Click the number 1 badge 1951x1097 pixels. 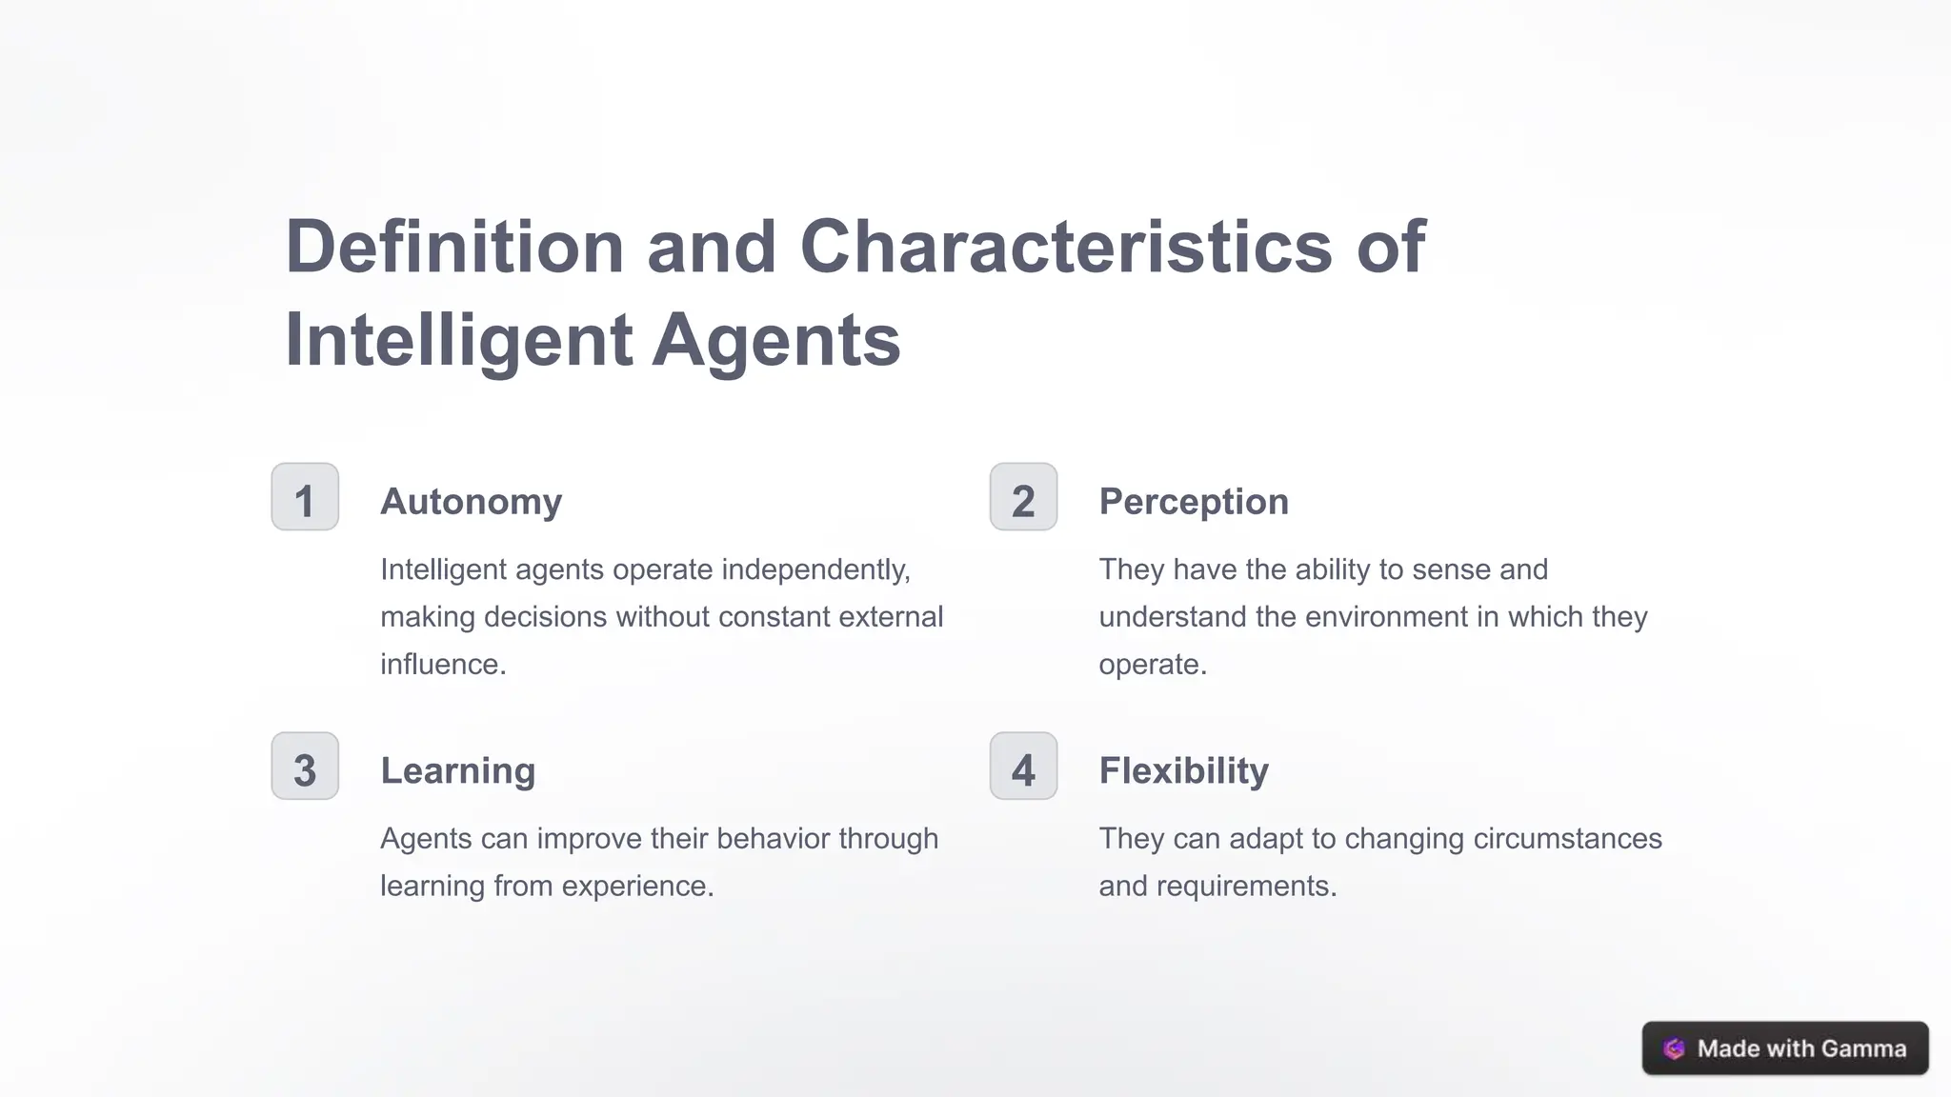[305, 497]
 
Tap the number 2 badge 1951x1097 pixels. [1023, 497]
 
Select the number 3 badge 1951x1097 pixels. [305, 767]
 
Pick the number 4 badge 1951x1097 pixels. [1023, 767]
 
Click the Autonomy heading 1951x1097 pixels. [471, 502]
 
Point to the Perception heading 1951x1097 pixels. [1193, 502]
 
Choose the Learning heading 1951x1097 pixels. [457, 770]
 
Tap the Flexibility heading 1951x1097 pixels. [1183, 770]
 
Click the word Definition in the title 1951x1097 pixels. [454, 247]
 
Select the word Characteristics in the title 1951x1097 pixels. [1066, 247]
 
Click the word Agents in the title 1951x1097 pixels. [775, 340]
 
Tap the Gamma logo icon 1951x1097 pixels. [1674, 1048]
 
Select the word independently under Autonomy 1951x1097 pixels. [815, 569]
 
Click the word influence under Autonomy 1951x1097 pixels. [442, 664]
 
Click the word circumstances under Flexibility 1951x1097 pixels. [1567, 839]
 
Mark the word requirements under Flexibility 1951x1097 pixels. [1246, 886]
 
